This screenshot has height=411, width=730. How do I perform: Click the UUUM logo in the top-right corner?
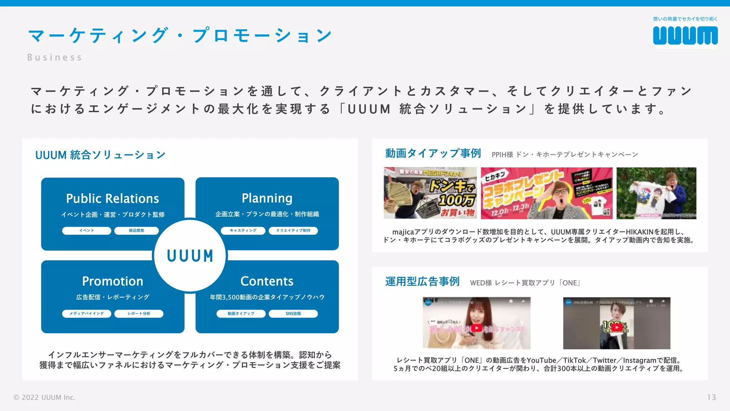point(685,36)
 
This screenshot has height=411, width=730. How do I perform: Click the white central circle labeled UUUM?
point(190,255)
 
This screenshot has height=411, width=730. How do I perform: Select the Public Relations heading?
point(113,198)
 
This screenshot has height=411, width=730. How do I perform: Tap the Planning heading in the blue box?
point(267,198)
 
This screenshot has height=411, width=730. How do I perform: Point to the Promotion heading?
point(113,281)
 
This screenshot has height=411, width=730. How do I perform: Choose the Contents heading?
point(267,281)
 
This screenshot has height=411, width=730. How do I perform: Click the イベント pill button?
point(87,230)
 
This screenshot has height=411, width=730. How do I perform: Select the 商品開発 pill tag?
point(137,230)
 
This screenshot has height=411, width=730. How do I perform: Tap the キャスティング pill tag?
point(243,230)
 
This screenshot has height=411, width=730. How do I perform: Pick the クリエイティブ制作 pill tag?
point(293,230)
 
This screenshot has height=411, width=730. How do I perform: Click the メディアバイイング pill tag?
point(87,314)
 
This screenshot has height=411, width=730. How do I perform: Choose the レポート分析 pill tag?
point(139,314)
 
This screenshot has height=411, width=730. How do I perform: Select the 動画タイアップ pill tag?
point(241,314)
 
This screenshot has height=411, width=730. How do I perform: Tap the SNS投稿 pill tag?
point(293,314)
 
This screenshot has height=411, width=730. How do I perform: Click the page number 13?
point(711,397)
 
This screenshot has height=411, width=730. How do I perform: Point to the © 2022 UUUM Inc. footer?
point(45,397)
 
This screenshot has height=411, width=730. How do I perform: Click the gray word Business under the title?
point(55,57)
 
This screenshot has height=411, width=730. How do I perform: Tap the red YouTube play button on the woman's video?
point(476,328)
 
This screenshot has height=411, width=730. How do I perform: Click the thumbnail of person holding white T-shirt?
point(656,193)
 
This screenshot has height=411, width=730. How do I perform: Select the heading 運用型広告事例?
point(422,281)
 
